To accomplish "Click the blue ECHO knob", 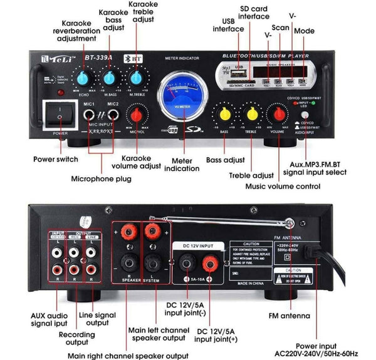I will (x=83, y=78).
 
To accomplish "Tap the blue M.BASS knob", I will (x=110, y=78).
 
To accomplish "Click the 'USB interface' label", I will (x=228, y=24).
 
